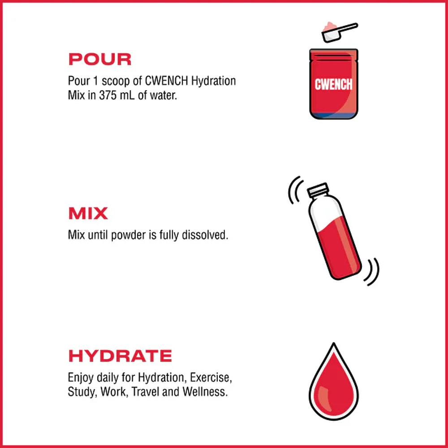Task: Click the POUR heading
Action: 99,59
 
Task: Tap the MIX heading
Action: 88,214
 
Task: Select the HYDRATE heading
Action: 120,356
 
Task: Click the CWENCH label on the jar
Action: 333,84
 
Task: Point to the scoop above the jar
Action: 340,32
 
